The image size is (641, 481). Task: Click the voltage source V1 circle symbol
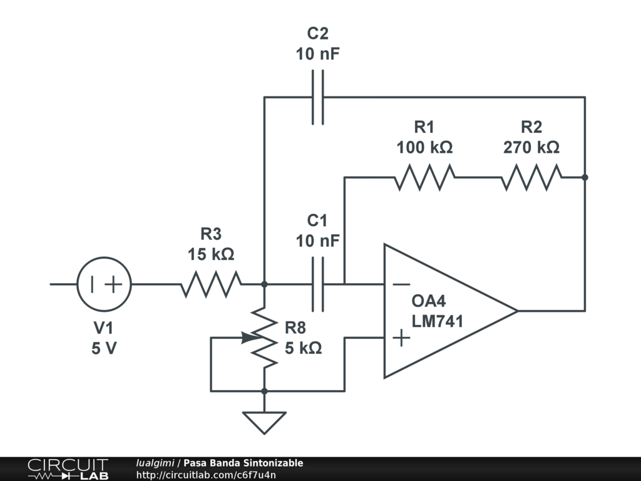click(x=104, y=284)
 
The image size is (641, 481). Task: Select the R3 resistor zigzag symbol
click(x=211, y=284)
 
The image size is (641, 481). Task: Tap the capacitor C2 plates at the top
click(x=318, y=97)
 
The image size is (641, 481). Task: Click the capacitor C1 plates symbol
click(x=318, y=284)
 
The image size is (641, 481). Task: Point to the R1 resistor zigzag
click(x=424, y=177)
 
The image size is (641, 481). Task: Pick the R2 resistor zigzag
click(x=531, y=177)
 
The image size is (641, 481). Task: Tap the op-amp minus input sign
click(x=401, y=284)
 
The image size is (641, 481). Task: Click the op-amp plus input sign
click(x=401, y=339)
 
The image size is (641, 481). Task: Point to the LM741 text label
click(x=437, y=321)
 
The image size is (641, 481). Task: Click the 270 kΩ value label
click(x=531, y=148)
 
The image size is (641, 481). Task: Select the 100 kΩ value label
click(x=424, y=148)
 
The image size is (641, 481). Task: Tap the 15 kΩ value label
click(x=211, y=255)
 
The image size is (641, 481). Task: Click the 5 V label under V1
click(x=104, y=349)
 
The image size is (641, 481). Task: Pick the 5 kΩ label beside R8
click(x=304, y=348)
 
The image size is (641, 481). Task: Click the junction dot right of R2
click(x=585, y=177)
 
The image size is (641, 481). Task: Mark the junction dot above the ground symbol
click(x=264, y=391)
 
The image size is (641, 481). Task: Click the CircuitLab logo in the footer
click(x=67, y=469)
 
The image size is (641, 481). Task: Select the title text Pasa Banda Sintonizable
click(x=243, y=463)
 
